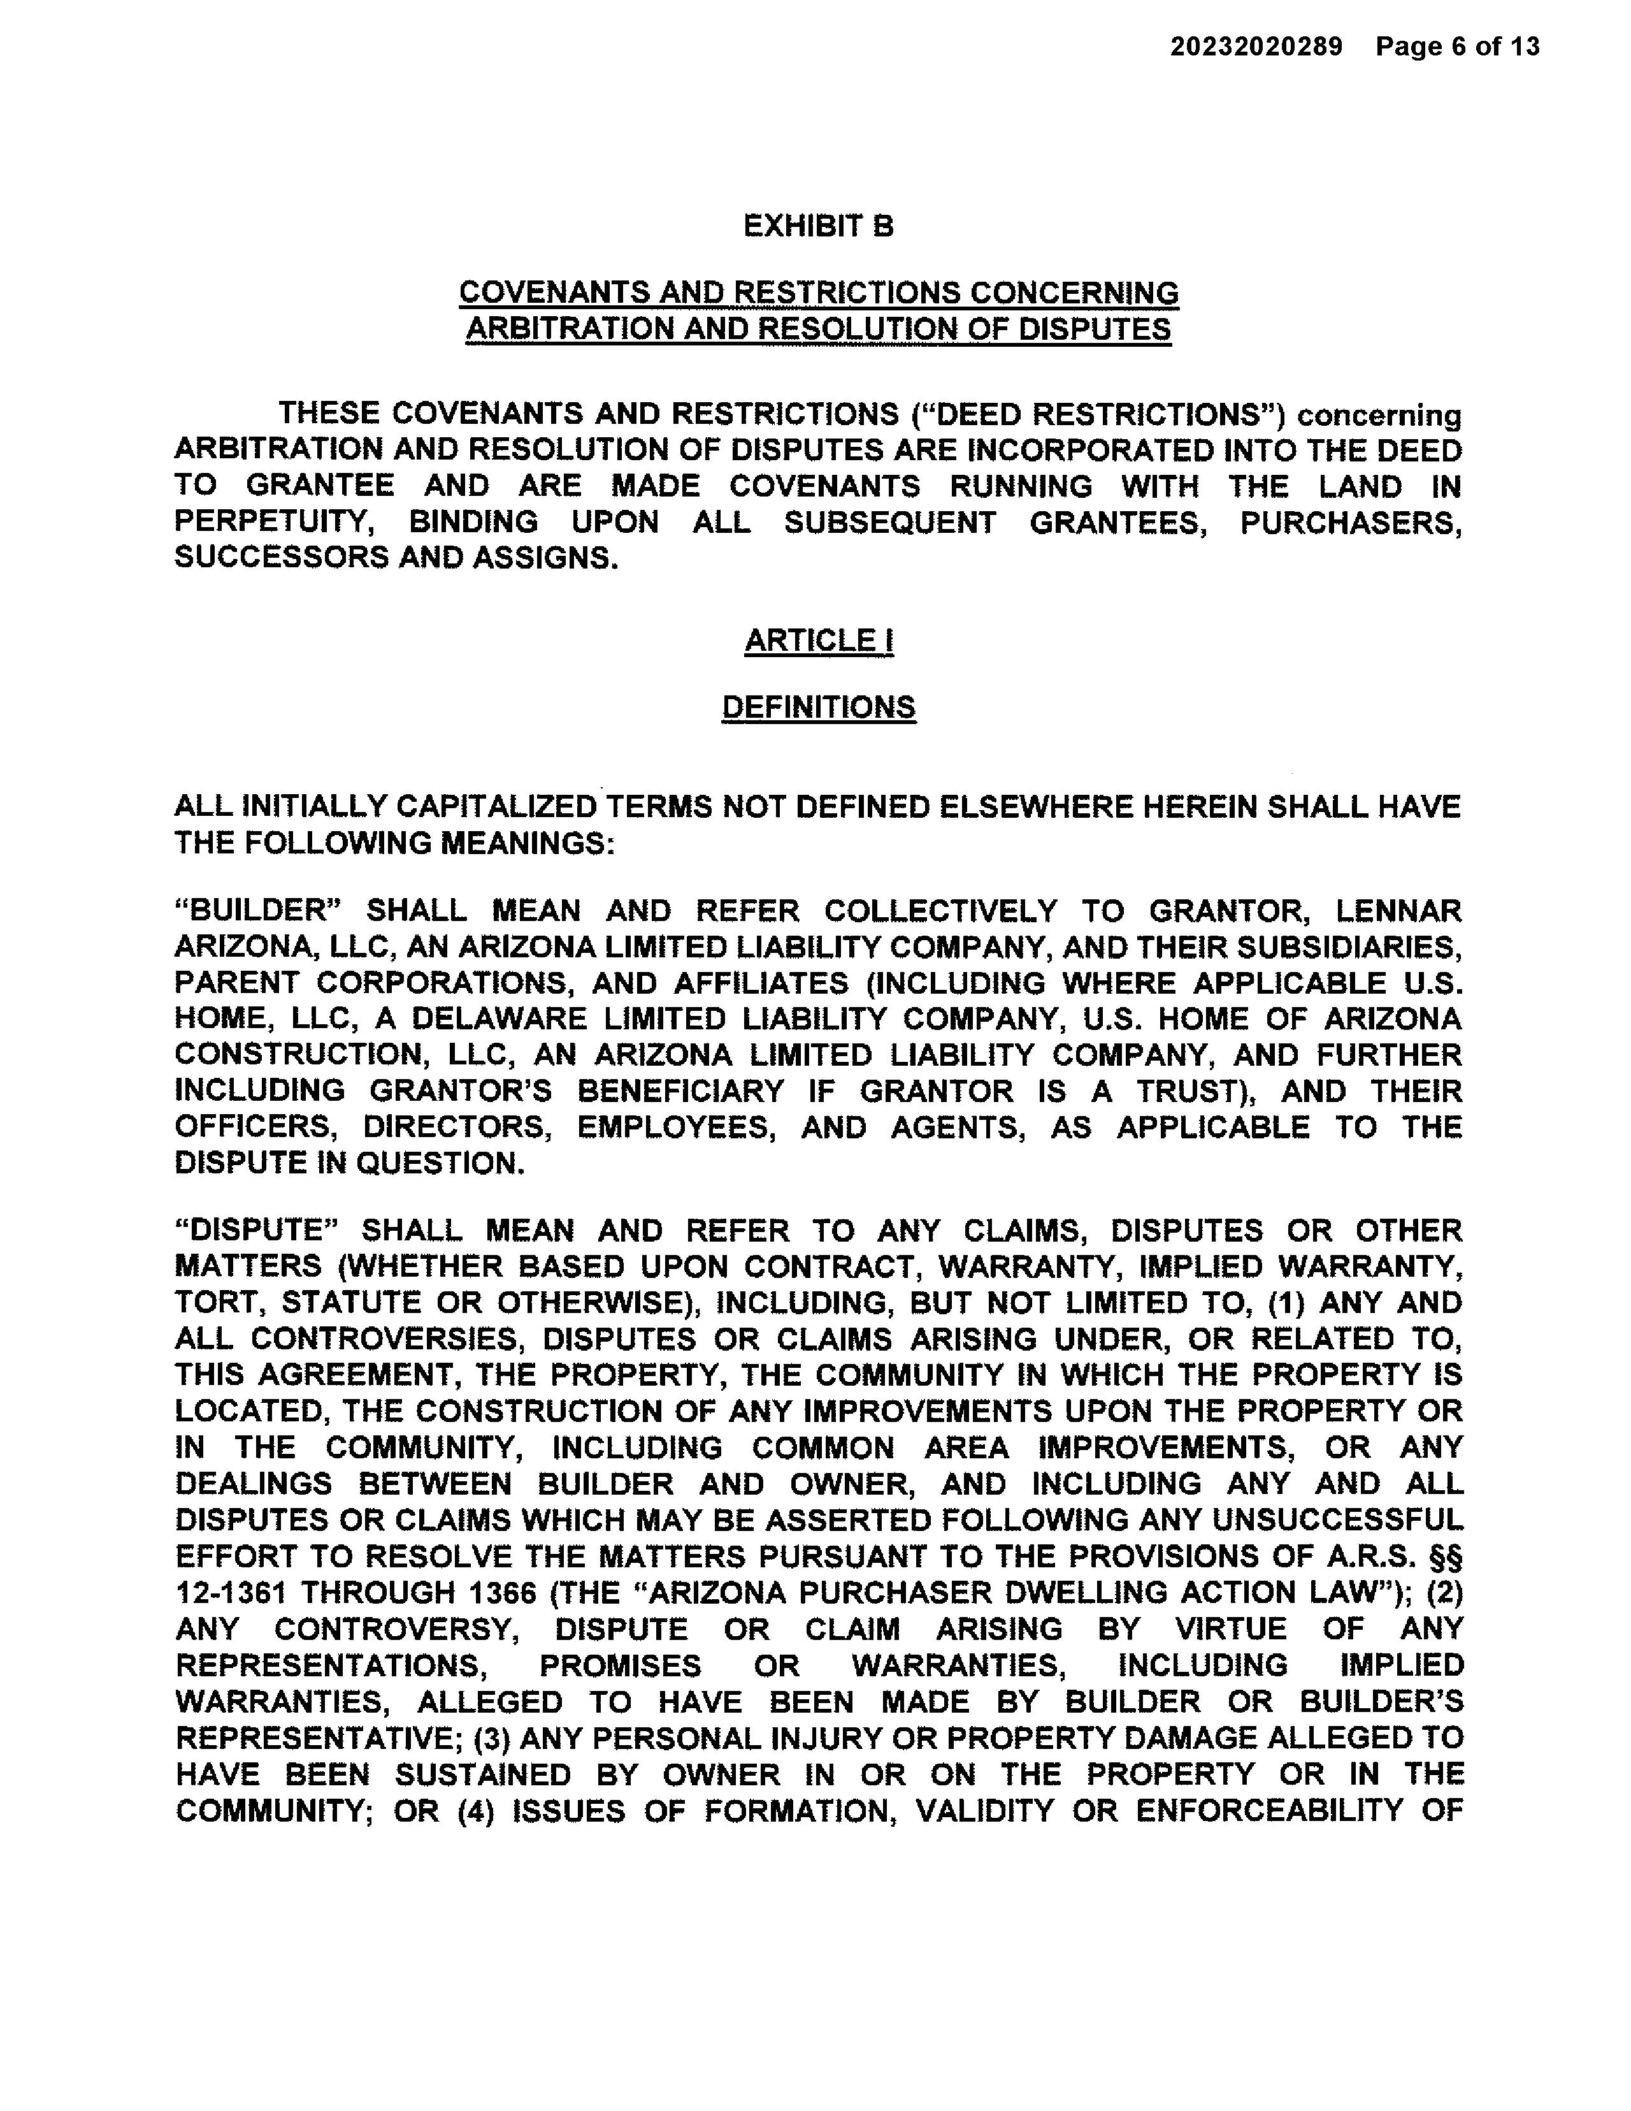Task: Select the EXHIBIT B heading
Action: tap(819, 226)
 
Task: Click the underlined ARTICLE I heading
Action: tap(819, 641)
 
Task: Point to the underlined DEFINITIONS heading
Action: tap(819, 707)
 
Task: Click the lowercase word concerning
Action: tap(1379, 416)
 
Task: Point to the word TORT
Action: tap(217, 1303)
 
